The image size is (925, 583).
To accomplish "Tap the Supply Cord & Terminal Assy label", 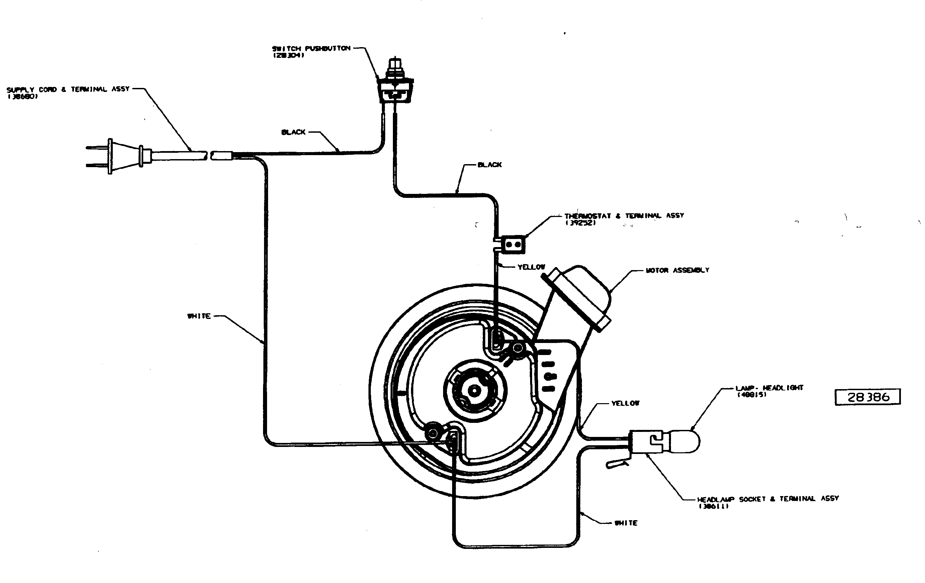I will [68, 90].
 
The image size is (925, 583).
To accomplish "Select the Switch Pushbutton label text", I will [311, 49].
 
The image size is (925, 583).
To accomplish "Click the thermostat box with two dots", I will [514, 244].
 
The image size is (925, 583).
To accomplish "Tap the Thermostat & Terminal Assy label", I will [624, 216].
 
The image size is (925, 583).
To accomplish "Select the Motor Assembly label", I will [677, 270].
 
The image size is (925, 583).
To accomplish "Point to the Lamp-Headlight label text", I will [769, 388].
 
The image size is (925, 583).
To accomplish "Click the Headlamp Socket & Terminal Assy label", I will [767, 499].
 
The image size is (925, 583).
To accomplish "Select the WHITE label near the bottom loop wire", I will [626, 523].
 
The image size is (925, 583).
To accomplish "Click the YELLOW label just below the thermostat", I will [531, 267].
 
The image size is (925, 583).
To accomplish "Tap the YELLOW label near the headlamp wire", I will [625, 403].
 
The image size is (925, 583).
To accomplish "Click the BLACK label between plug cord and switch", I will [293, 132].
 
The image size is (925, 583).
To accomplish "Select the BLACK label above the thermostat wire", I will [489, 165].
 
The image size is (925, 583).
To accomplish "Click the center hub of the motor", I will [475, 391].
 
